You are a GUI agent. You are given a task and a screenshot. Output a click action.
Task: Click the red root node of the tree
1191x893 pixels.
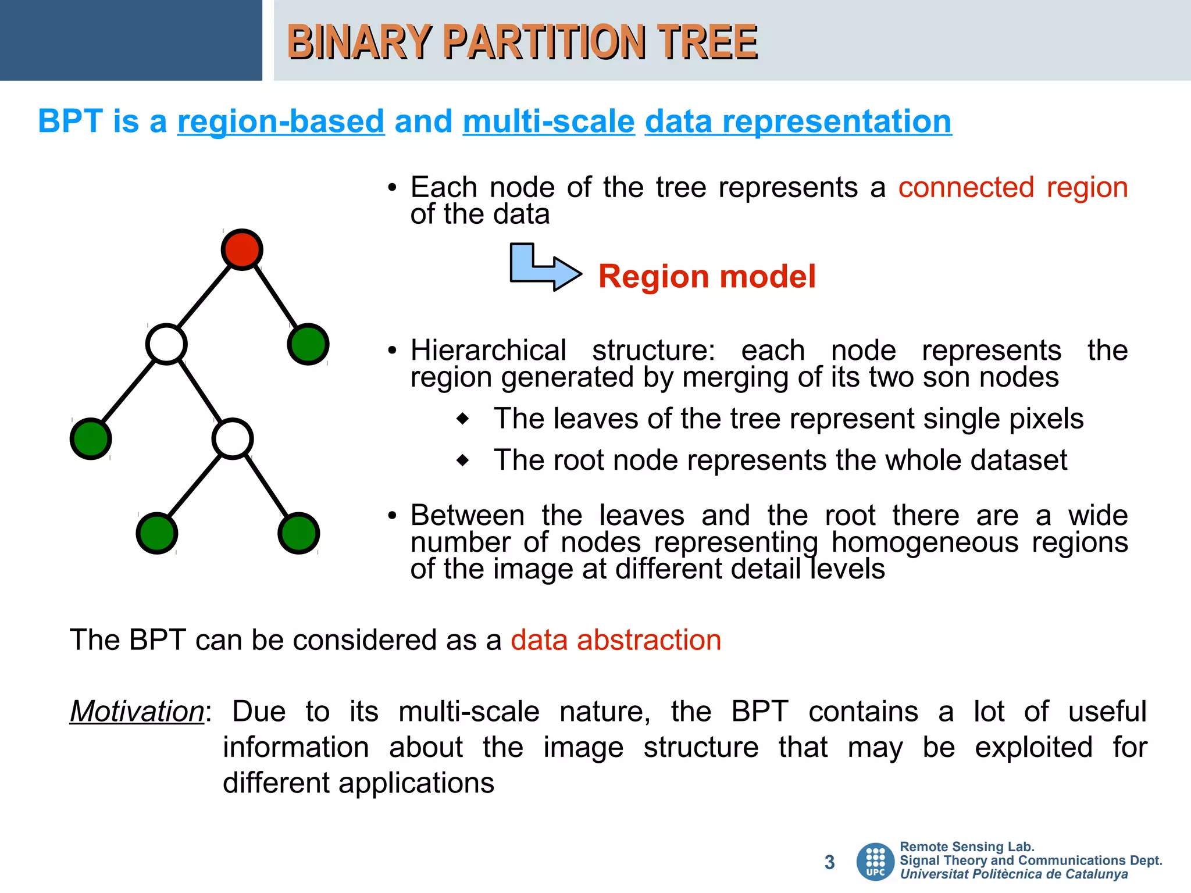point(242,249)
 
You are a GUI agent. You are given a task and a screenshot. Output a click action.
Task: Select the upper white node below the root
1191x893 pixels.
point(166,344)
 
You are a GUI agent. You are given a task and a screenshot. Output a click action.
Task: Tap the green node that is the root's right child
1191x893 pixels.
point(308,344)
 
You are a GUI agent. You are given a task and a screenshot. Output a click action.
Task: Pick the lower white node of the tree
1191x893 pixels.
point(233,439)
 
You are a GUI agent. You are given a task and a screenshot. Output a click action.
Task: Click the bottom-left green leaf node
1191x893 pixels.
point(157,533)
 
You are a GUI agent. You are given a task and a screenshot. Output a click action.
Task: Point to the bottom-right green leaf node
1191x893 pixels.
point(299,533)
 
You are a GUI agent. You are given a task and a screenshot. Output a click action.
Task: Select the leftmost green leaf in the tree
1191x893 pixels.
point(91,439)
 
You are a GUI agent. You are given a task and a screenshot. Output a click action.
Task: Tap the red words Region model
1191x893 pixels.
point(707,277)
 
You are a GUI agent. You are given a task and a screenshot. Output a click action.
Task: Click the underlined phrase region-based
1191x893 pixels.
point(281,122)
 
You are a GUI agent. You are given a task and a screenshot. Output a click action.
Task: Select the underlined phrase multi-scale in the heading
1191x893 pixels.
point(548,122)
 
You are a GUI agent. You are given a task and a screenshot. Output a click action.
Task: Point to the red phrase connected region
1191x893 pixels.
point(1012,188)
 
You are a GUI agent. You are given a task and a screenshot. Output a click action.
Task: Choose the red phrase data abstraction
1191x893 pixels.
point(616,640)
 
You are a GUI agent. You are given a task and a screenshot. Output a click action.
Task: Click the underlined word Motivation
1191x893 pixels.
point(137,711)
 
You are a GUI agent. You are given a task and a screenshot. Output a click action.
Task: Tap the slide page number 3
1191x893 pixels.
point(829,862)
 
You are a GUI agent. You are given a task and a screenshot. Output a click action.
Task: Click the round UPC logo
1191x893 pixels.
point(875,862)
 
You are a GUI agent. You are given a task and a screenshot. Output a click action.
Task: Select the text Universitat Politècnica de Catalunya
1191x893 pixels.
point(1014,874)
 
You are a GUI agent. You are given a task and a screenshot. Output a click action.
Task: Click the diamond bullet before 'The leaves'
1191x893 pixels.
point(463,419)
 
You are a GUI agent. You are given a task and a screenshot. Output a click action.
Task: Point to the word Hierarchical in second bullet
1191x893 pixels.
point(488,351)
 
